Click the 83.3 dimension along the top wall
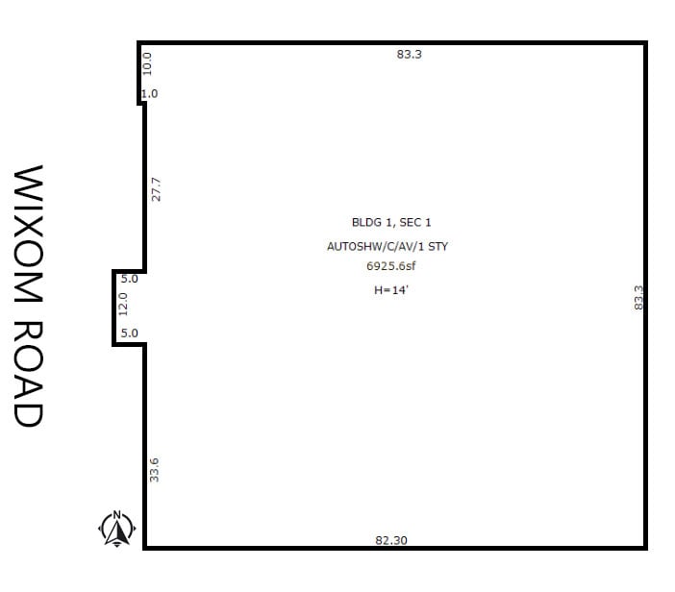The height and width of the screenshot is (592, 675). [x=409, y=54]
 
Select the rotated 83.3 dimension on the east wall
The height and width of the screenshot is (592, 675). [x=638, y=297]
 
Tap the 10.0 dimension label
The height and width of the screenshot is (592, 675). [x=147, y=63]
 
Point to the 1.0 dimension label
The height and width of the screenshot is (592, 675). [x=150, y=93]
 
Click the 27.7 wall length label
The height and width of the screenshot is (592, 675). [x=156, y=189]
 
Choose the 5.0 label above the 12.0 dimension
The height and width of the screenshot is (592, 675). [x=129, y=279]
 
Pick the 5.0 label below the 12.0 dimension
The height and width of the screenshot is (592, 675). [x=129, y=333]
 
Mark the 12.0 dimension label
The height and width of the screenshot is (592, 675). [x=123, y=304]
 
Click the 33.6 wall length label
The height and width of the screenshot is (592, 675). [x=154, y=470]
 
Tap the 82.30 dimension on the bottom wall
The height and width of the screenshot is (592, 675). [x=391, y=540]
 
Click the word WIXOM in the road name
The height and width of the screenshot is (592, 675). [x=29, y=234]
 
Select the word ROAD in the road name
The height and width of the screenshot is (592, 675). [x=29, y=374]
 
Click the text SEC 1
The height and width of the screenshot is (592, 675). [x=415, y=222]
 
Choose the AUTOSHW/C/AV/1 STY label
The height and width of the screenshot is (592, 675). [x=387, y=247]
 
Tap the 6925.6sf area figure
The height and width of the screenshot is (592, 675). [x=391, y=266]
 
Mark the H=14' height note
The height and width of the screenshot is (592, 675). [x=391, y=290]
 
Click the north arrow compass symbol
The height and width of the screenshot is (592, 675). [x=116, y=529]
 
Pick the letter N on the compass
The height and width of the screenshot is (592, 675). [x=116, y=514]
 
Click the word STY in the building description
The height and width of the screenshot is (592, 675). [x=438, y=247]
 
